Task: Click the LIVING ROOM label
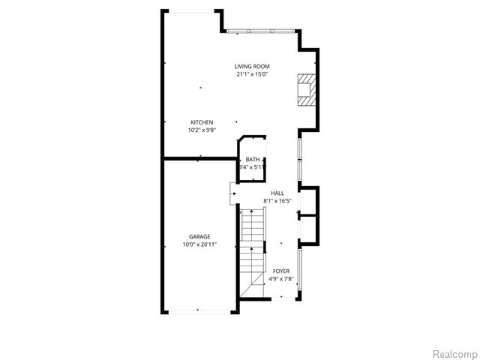pos(252,67)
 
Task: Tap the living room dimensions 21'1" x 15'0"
pos(252,74)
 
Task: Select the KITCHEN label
pos(202,122)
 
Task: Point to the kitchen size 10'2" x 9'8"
pos(202,130)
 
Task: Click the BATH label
pos(253,160)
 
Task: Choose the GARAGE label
pos(199,237)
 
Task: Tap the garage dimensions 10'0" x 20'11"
pos(199,244)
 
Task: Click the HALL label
pos(277,193)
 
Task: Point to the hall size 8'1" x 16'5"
pos(277,201)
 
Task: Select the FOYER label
pos(281,271)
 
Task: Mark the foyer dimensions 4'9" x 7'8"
pos(281,279)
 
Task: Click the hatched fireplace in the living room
pos(306,90)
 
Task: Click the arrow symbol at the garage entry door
pos(235,193)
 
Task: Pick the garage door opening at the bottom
pos(199,312)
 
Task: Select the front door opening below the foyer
pos(283,298)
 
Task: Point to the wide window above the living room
pos(260,31)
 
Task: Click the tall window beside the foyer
pos(300,269)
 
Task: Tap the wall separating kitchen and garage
pos(200,158)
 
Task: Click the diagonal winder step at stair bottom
pos(252,285)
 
